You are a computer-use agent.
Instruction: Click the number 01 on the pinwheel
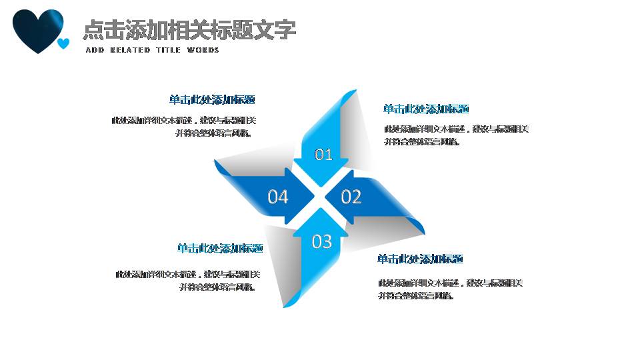323,155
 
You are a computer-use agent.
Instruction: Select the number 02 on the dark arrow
351,197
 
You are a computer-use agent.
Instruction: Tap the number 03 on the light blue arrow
321,241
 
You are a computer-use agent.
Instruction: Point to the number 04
277,197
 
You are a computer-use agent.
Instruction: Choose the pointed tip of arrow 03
321,209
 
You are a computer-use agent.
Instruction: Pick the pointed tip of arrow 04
314,197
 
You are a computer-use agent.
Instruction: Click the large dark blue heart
37,29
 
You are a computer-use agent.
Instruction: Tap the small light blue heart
63,44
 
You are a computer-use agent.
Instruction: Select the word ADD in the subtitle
95,51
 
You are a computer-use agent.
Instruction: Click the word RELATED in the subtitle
130,51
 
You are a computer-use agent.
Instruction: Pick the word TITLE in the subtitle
168,51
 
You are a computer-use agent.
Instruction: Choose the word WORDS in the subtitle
203,51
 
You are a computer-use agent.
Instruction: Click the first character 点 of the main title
93,30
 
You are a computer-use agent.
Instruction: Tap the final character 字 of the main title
285,30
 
